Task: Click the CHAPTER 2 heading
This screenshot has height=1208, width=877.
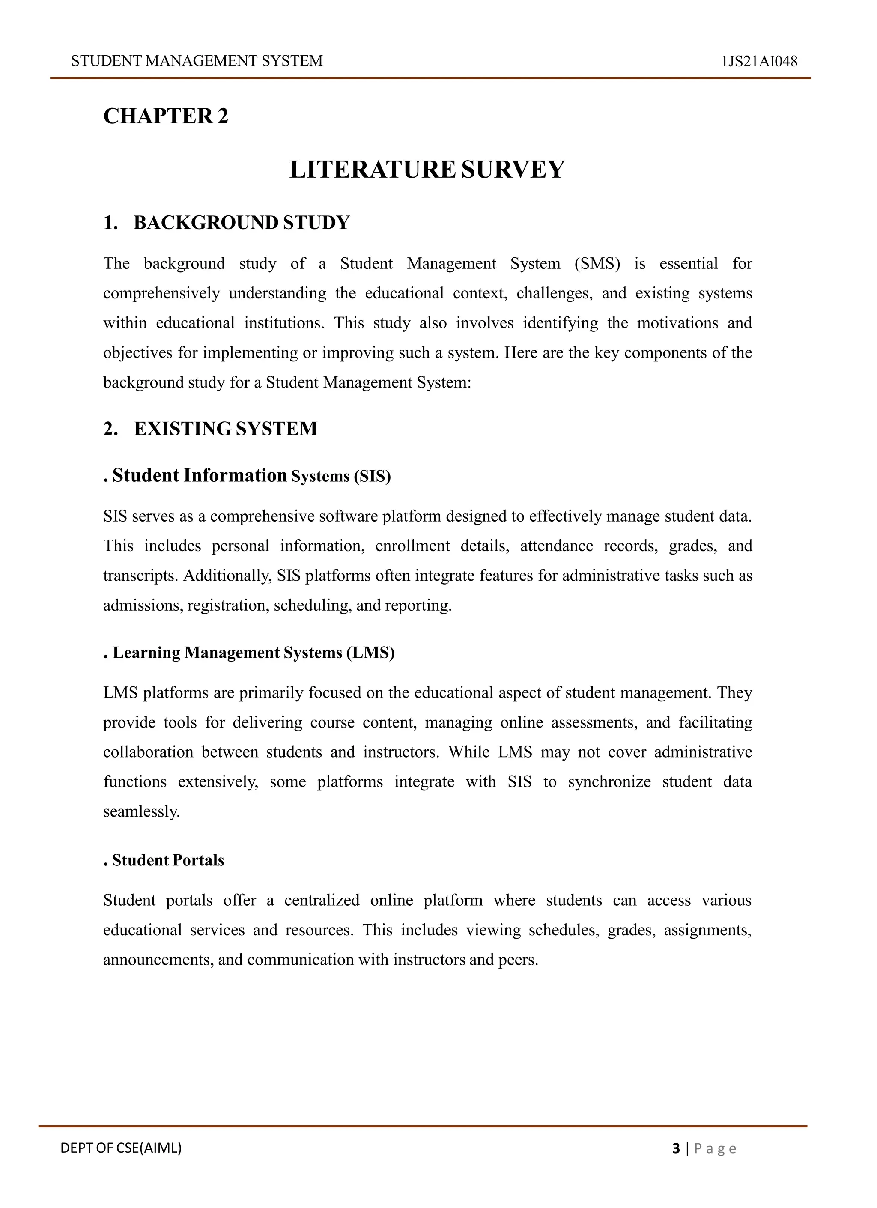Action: tap(166, 116)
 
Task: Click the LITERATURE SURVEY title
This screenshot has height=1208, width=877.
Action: tap(427, 170)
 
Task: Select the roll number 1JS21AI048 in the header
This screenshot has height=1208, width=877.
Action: tap(759, 61)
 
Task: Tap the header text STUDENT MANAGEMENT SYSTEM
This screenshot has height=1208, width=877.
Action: tap(197, 61)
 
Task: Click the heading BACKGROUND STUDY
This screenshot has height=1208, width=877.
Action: tap(241, 223)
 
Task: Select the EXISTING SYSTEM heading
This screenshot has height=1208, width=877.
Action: tap(225, 429)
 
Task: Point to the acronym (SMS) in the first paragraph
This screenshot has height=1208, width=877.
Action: tap(597, 264)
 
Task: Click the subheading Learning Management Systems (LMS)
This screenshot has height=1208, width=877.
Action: tap(253, 653)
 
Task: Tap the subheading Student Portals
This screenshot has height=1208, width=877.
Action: tap(168, 860)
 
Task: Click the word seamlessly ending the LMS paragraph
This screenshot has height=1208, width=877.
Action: tap(141, 812)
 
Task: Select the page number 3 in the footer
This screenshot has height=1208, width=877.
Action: tap(676, 1148)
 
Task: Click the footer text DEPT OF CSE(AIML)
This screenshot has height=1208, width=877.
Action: tap(121, 1148)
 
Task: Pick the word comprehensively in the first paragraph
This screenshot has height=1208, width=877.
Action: tap(161, 293)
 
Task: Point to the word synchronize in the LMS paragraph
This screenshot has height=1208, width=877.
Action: tap(609, 782)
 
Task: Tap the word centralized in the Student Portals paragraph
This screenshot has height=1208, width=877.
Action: tap(321, 901)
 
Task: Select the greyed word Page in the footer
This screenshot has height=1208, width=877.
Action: tap(715, 1149)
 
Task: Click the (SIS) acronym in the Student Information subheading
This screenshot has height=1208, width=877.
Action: tap(372, 476)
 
